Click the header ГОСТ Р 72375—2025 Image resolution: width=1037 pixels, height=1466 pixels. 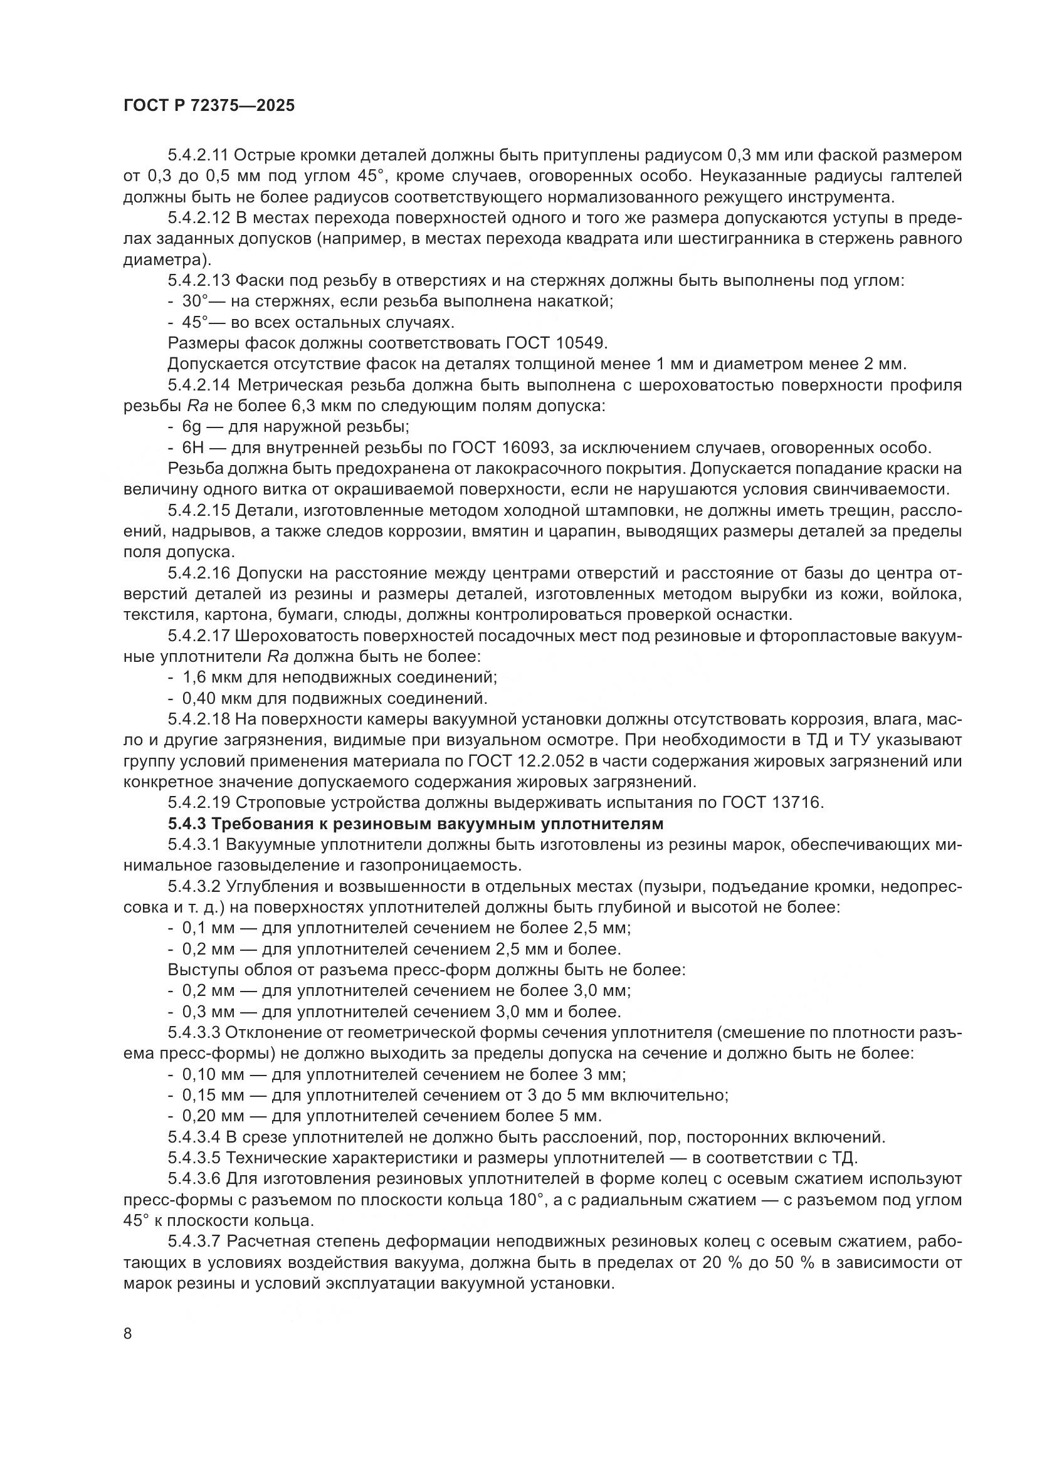[x=209, y=106]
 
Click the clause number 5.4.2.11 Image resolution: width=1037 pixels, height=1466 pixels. [x=199, y=155]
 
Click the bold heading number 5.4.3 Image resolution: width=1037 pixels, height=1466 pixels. [x=184, y=824]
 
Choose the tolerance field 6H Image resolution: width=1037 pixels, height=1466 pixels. [x=193, y=448]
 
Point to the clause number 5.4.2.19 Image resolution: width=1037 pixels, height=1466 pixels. [x=199, y=803]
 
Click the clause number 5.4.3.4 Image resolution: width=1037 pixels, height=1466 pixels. [x=194, y=1137]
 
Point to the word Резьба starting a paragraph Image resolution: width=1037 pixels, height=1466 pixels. [x=193, y=469]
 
